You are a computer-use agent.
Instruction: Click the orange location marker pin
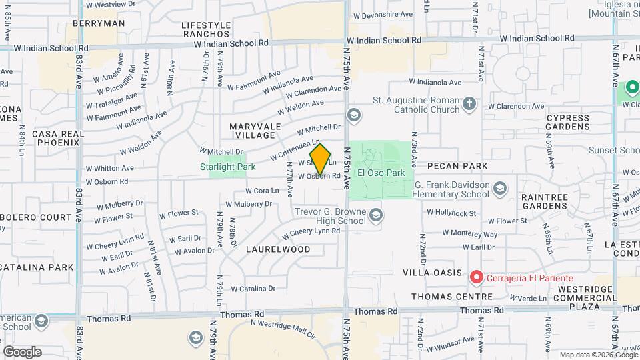point(320,160)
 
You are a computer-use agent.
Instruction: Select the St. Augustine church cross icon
point(469,103)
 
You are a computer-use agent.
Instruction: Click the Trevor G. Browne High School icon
point(377,215)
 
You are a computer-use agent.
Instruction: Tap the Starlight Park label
point(228,167)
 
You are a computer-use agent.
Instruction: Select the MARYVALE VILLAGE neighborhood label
point(253,131)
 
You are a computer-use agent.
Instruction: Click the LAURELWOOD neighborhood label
point(278,249)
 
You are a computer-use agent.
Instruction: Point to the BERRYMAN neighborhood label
point(99,23)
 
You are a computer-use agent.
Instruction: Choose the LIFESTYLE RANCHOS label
point(206,30)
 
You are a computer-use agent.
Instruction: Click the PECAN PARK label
point(457,165)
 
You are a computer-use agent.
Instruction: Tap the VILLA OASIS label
point(432,273)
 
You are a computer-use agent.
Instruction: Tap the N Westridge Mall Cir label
point(282,327)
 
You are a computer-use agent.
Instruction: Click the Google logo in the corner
point(22,351)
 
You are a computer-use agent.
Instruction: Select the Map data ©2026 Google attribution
point(597,355)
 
